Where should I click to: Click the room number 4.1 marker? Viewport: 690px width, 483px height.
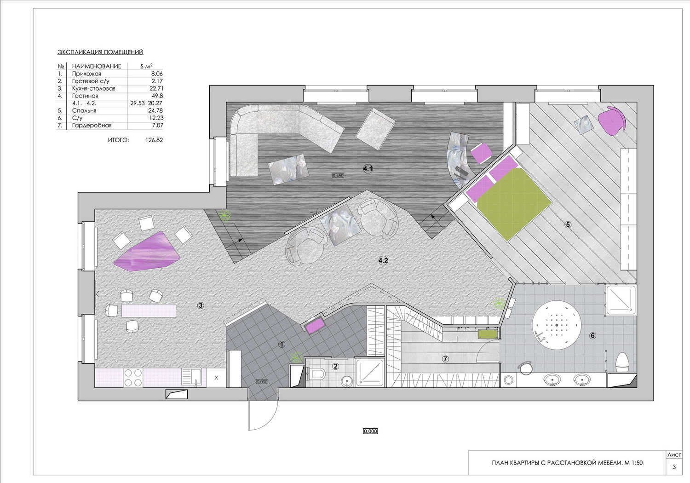pos(368,169)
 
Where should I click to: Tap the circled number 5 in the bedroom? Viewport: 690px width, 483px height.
pos(568,225)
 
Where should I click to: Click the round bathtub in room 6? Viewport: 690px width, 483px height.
pos(557,325)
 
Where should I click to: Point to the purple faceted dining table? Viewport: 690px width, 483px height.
pos(147,252)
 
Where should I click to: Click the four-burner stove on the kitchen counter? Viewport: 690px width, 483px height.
pos(133,378)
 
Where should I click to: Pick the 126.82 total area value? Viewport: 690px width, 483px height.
pos(154,140)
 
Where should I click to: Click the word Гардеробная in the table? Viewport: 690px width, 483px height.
pos(92,126)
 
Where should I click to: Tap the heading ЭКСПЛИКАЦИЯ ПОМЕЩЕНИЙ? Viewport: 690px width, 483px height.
pos(100,52)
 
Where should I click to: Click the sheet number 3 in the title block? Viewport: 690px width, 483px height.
pos(674,467)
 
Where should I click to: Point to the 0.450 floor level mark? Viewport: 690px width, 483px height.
pos(338,176)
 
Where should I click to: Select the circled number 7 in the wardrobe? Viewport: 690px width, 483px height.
pos(445,359)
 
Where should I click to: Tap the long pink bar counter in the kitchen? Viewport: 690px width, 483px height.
pos(149,310)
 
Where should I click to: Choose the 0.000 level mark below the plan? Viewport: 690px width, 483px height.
pos(370,431)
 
